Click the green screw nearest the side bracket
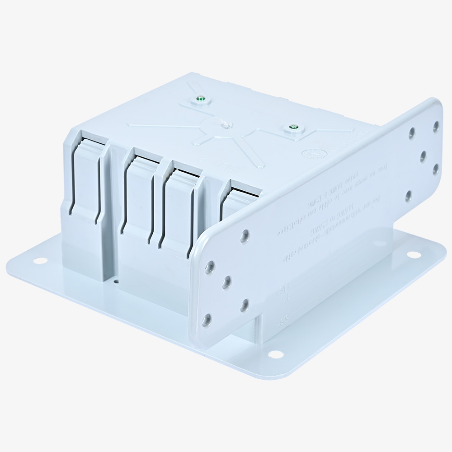(293, 129)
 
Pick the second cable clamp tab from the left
(138, 194)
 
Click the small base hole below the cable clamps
(117, 281)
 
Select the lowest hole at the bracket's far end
(408, 196)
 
